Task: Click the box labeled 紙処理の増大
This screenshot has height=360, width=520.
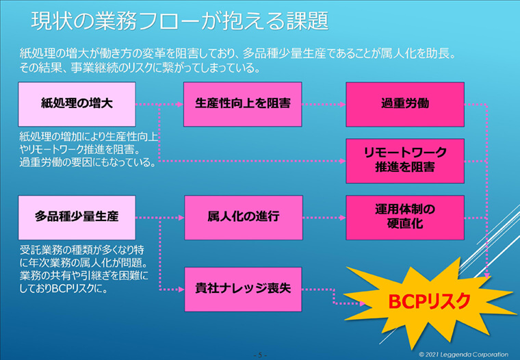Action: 77,104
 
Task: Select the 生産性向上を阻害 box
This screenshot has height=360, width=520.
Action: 243,104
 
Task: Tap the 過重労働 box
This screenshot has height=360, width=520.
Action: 405,104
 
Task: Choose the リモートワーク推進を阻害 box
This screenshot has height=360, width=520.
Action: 405,161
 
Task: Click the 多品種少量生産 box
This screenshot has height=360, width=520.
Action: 77,218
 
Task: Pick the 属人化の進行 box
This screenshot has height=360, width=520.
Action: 244,218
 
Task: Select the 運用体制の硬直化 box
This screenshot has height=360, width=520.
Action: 405,218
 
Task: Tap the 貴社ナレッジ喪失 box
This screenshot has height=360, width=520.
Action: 243,290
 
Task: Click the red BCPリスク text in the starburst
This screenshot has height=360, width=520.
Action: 429,301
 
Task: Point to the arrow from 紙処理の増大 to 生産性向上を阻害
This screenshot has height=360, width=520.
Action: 159,105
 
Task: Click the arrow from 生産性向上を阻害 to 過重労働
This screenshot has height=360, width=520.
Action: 324,105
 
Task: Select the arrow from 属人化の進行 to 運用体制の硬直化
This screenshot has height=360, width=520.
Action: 324,218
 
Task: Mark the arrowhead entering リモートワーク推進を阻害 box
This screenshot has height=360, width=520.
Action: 343,162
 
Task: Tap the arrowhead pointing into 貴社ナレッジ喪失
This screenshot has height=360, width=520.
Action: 182,290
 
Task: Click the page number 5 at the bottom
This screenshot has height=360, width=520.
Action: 260,355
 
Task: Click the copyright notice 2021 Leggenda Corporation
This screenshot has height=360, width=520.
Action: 464,355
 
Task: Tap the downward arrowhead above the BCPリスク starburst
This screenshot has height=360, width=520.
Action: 487,275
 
